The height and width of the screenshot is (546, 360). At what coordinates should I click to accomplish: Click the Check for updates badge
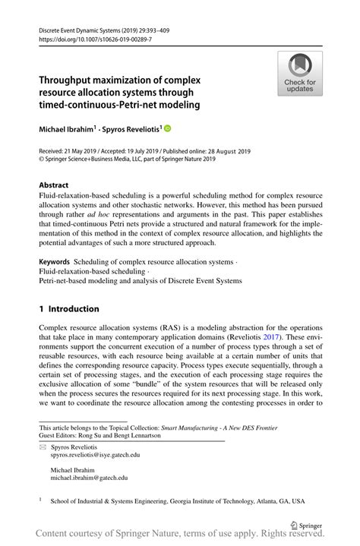pyautogui.click(x=300, y=74)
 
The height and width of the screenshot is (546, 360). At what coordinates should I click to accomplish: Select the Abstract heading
pyautogui.click(x=54, y=185)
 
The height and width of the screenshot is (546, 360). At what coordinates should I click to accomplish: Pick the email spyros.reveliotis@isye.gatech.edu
pyautogui.click(x=95, y=455)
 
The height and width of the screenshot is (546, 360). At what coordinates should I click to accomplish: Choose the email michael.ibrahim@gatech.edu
pyautogui.click(x=88, y=478)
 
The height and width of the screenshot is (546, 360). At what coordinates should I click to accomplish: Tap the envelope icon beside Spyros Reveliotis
pyautogui.click(x=43, y=447)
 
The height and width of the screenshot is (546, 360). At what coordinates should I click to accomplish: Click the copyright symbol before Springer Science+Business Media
pyautogui.click(x=42, y=161)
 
